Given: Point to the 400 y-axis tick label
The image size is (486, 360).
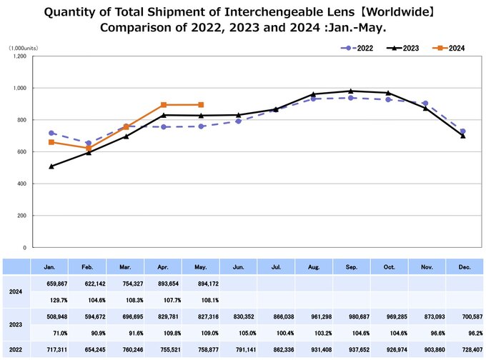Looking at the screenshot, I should pos(21,184).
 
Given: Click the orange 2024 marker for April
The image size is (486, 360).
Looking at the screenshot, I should pos(164,105).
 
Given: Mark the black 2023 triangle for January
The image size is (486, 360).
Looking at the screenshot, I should pos(51,166).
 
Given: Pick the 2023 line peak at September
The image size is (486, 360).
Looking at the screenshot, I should pos(350,91).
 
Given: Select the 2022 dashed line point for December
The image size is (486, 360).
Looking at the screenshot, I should pos(463,131).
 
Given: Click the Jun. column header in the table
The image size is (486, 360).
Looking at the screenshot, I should pos(238,266).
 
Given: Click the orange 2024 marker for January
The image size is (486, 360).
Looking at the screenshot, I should pos(51,142).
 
